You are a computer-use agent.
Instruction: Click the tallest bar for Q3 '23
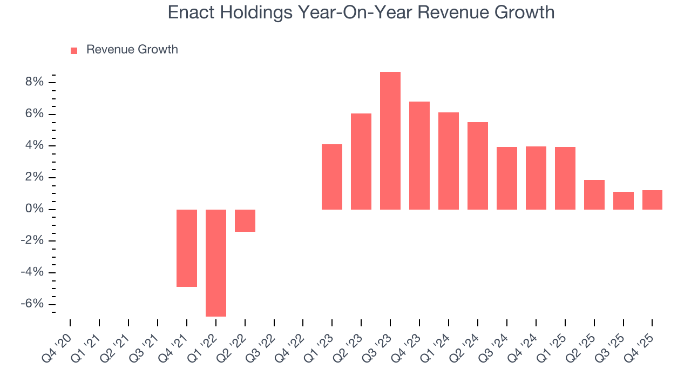(x=390, y=140)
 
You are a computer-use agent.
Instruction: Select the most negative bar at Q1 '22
(x=216, y=263)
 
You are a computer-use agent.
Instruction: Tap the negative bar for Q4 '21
(x=187, y=248)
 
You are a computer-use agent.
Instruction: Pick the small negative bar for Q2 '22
(x=245, y=220)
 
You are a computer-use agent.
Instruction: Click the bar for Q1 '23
(x=332, y=177)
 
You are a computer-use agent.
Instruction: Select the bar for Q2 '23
(x=361, y=162)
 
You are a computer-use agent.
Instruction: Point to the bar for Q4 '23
(x=419, y=156)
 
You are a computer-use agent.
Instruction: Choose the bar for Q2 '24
(x=478, y=166)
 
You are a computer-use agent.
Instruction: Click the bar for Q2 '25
(x=594, y=194)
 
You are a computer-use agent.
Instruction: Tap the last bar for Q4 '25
(x=652, y=200)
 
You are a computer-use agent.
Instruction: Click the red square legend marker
(x=74, y=50)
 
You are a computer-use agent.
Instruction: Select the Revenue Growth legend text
(x=132, y=50)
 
